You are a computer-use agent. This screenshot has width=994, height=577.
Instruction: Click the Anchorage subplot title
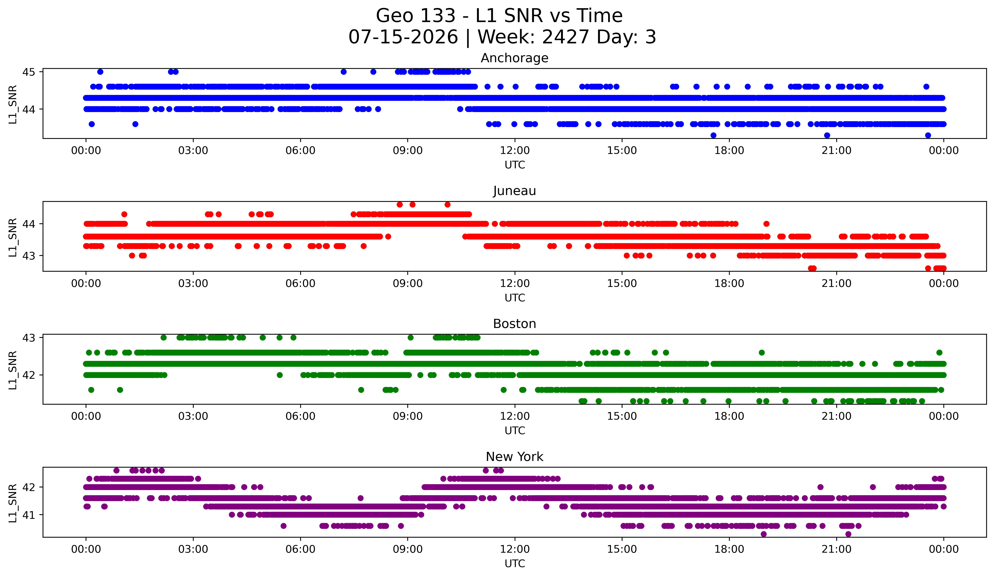click(x=514, y=58)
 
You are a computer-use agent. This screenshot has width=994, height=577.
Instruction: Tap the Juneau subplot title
click(x=514, y=191)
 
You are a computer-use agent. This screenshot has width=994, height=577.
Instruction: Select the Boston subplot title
click(x=514, y=324)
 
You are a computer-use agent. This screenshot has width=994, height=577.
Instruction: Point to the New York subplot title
click(x=514, y=457)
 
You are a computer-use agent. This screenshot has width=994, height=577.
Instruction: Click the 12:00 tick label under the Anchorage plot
click(x=515, y=150)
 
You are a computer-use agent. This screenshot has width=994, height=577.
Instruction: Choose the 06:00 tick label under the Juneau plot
click(x=301, y=283)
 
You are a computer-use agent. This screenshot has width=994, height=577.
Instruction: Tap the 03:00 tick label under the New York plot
click(x=193, y=549)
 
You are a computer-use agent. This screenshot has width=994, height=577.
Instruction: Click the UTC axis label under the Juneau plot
click(x=515, y=298)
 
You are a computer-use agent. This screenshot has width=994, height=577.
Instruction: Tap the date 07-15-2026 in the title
click(x=403, y=37)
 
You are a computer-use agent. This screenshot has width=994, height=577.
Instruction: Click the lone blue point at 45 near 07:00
click(x=344, y=72)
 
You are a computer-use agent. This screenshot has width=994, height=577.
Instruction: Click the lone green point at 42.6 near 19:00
click(x=762, y=353)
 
